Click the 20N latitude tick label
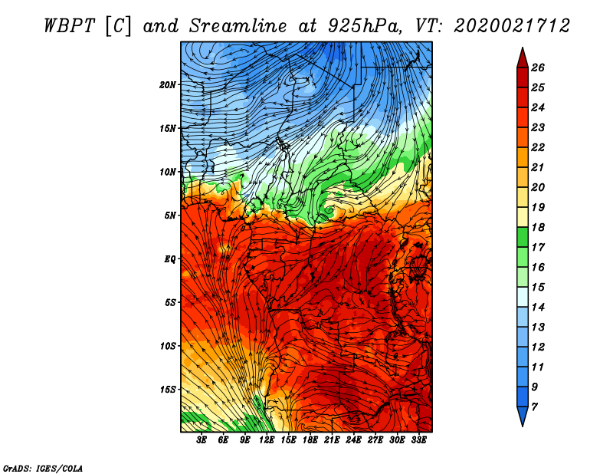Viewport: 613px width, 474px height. point(168,85)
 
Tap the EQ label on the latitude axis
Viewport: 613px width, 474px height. point(170,259)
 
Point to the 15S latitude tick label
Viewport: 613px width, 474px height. point(168,390)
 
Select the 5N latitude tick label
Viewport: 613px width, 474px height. point(170,216)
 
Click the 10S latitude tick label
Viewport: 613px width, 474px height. point(168,346)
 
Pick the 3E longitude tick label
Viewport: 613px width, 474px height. point(202,440)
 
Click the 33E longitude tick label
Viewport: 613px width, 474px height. point(418,440)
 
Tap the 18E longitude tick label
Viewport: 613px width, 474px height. point(310,440)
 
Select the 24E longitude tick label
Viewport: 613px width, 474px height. point(353,440)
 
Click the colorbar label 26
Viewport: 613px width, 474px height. point(538,67)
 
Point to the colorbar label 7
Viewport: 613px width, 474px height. point(534,407)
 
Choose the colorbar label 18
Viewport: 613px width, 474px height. point(538,227)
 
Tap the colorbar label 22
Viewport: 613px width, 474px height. point(538,147)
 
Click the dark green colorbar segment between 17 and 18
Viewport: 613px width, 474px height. point(523,237)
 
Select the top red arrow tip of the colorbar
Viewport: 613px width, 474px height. point(523,48)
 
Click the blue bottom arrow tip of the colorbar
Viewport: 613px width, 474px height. point(523,426)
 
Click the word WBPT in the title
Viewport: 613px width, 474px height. point(69,26)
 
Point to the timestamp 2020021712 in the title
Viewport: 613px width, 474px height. point(512,26)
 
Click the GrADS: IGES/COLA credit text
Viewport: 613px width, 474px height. point(43,469)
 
